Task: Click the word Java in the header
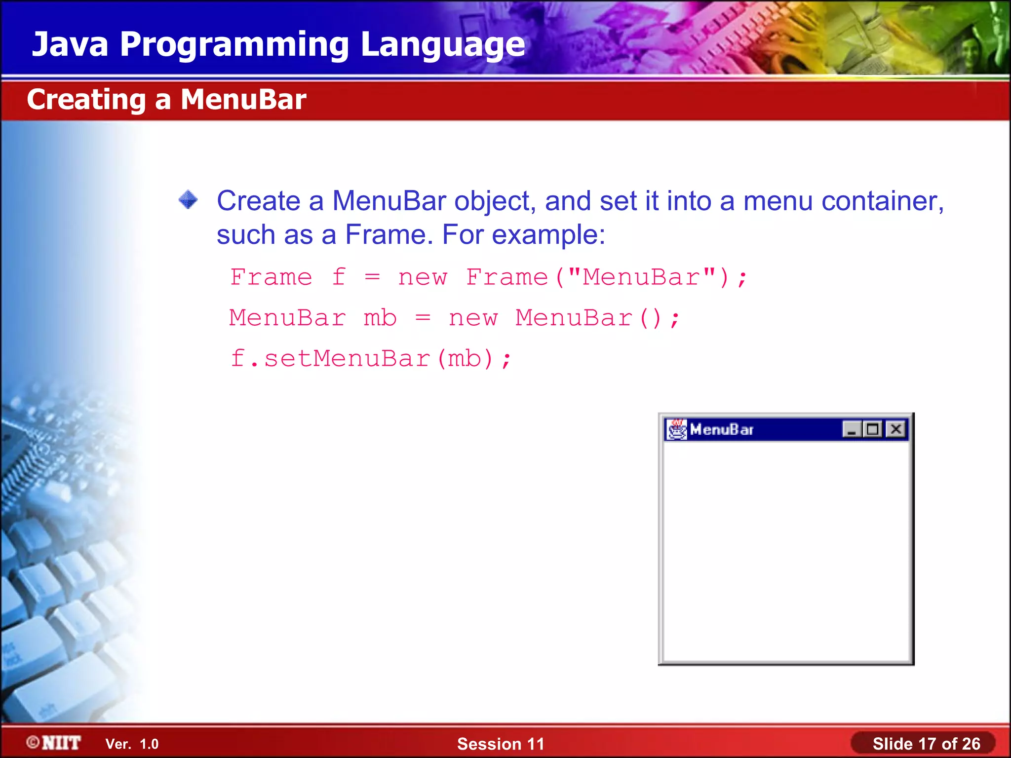(x=70, y=44)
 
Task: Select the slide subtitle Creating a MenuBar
(x=166, y=100)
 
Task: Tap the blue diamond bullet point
(x=188, y=200)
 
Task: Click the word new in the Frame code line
(x=423, y=277)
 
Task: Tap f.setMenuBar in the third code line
(x=330, y=358)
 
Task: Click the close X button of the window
(x=895, y=429)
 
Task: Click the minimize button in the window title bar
(x=852, y=429)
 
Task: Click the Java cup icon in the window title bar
(x=676, y=429)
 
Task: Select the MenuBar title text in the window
(x=721, y=430)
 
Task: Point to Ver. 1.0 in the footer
(x=132, y=744)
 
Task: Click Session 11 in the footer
(x=500, y=744)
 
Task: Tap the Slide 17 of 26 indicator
(x=926, y=744)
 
